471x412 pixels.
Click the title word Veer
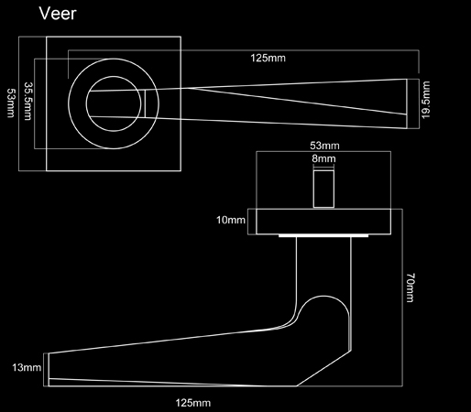tap(58, 14)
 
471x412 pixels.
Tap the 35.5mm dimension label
tap(27, 101)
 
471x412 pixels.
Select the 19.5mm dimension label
tap(425, 100)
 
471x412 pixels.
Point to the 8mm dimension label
tap(323, 158)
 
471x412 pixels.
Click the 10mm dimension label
tap(231, 220)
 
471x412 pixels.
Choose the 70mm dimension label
tap(411, 287)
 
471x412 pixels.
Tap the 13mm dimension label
tap(27, 367)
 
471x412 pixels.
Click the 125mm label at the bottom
tap(193, 403)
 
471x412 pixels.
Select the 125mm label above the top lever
tap(268, 58)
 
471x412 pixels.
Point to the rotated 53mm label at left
tap(11, 103)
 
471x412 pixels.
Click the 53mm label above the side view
tap(324, 146)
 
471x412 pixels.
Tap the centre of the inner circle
tap(114, 103)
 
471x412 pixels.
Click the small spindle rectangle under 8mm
tap(323, 189)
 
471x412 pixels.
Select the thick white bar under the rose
tap(323, 235)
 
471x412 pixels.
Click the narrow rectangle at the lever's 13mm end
tap(46, 370)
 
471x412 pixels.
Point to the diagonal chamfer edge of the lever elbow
tap(323, 368)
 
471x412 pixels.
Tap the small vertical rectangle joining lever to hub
tap(145, 103)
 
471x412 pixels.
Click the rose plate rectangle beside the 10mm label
tap(323, 222)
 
